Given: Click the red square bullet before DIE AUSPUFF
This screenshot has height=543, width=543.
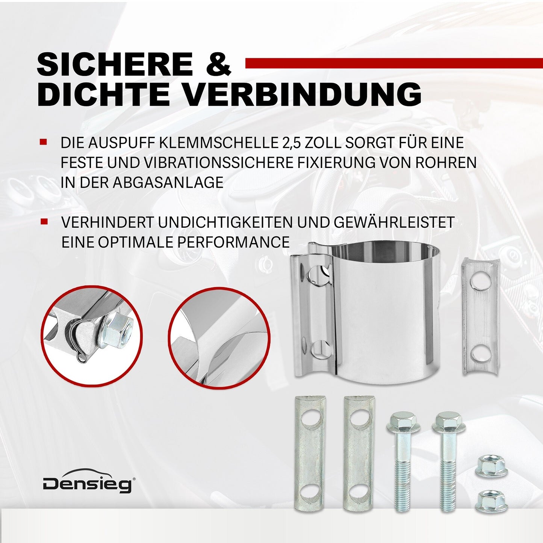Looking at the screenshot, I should tap(44, 142).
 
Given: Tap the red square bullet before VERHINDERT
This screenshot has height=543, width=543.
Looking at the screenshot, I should tap(44, 222).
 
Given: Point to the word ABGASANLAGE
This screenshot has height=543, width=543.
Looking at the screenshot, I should tap(168, 183).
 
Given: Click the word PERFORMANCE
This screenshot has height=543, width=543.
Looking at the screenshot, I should tap(233, 242).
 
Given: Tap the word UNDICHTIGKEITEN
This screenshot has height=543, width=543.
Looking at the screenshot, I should tap(225, 222).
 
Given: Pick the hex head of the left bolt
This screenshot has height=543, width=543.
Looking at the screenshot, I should tap(403, 421).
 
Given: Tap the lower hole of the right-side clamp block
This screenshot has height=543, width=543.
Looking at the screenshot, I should tap(480, 354).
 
